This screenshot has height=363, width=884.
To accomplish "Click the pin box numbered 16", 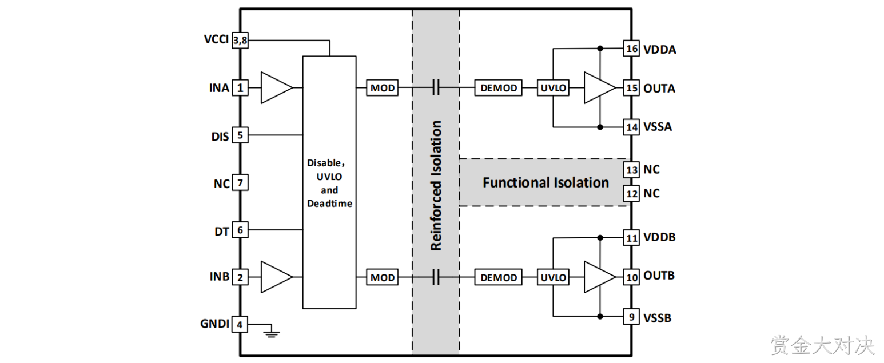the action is tap(631, 49).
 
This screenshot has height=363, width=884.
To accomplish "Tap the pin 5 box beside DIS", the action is tap(240, 135).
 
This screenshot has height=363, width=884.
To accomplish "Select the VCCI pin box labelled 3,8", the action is tap(240, 40).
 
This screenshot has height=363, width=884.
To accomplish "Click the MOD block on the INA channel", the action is tap(382, 87).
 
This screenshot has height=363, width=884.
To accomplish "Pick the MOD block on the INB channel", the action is tap(382, 277).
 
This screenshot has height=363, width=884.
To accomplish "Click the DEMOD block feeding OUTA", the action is tap(499, 87).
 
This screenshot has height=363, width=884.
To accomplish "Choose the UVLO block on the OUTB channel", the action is tap(553, 277).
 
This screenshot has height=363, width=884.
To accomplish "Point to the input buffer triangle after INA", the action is tap(276, 87).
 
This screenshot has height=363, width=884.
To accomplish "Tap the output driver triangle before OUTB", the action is tap(599, 277).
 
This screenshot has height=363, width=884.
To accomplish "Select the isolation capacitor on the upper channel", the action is tap(436, 87).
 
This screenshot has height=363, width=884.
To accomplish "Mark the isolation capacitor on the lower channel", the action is tap(436, 277).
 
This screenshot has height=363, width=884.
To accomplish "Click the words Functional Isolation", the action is tap(546, 183).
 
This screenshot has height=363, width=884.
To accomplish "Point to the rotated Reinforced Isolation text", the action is tap(436, 185).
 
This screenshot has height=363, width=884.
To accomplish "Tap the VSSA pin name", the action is tap(658, 127).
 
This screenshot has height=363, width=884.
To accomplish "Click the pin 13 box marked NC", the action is tap(631, 170).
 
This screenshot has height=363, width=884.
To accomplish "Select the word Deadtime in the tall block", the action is tap(329, 204).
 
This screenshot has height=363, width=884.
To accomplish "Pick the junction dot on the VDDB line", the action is tap(600, 238).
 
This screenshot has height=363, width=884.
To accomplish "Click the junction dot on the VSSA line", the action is tap(600, 127).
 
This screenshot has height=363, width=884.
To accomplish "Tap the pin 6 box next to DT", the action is tap(240, 230).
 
